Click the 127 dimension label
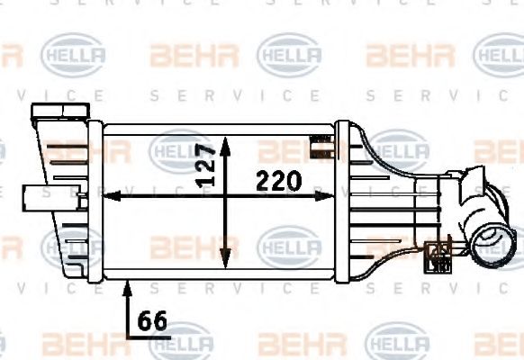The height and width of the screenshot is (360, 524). pyautogui.click(x=206, y=165)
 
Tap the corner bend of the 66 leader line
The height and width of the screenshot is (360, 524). pyautogui.click(x=127, y=334)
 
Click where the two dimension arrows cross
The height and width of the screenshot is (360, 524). pyautogui.click(x=226, y=194)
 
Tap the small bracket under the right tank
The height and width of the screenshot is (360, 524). pyautogui.click(x=440, y=256)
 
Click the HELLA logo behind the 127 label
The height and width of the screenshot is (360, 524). pyautogui.click(x=180, y=150)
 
